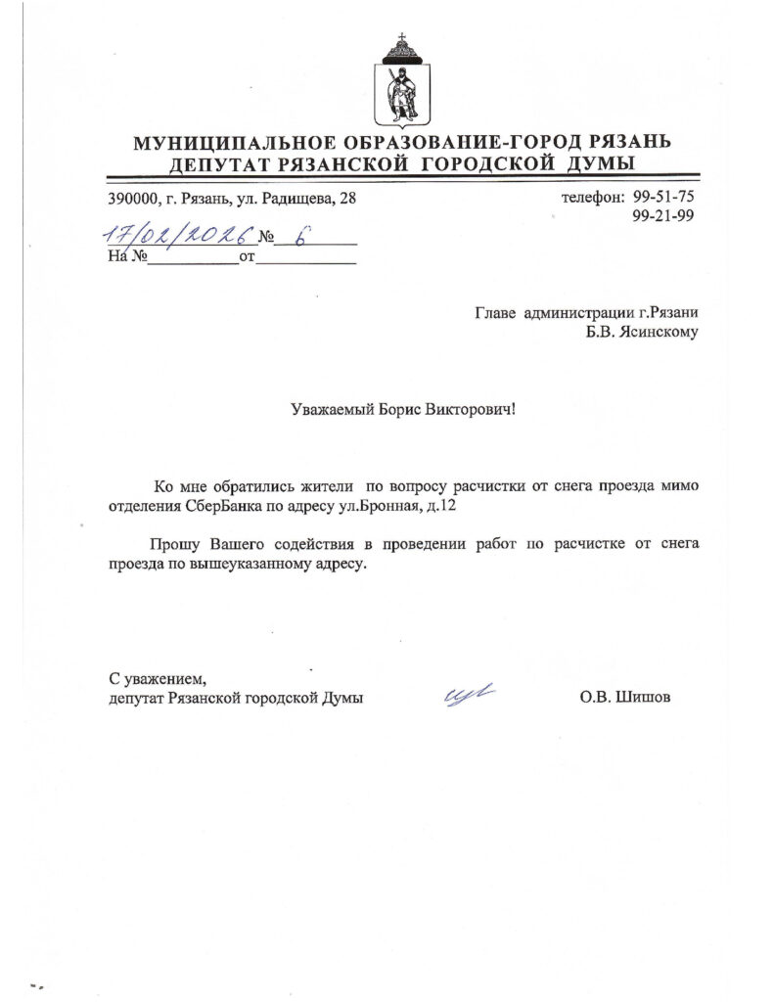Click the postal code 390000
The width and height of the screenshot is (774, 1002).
coord(134,199)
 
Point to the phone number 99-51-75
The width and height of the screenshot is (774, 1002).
coord(663,197)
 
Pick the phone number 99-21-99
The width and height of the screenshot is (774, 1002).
coord(663,216)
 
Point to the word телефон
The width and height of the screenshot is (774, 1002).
coord(592,197)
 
